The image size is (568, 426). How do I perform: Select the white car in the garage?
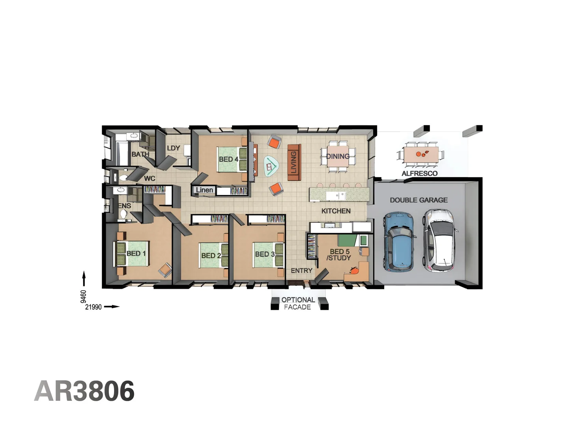(x=439, y=240)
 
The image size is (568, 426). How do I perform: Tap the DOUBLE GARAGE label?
(x=419, y=200)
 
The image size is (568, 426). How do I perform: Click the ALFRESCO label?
(x=419, y=173)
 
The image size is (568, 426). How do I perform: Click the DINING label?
(x=338, y=156)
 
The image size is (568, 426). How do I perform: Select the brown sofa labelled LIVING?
(x=294, y=162)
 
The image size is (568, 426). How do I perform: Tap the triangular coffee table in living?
(x=271, y=166)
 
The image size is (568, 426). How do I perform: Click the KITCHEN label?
(x=336, y=211)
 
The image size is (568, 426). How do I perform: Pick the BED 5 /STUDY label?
(x=339, y=254)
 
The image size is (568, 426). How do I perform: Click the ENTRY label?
(x=301, y=271)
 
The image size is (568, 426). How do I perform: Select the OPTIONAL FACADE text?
(x=298, y=303)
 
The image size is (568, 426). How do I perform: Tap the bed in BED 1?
(x=132, y=253)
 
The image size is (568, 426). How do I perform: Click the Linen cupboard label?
(x=204, y=190)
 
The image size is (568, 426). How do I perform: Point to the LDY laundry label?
(x=173, y=148)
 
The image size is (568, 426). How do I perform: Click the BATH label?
(x=140, y=154)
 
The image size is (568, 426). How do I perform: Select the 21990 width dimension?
(x=93, y=307)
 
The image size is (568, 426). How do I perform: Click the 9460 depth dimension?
(x=83, y=296)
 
